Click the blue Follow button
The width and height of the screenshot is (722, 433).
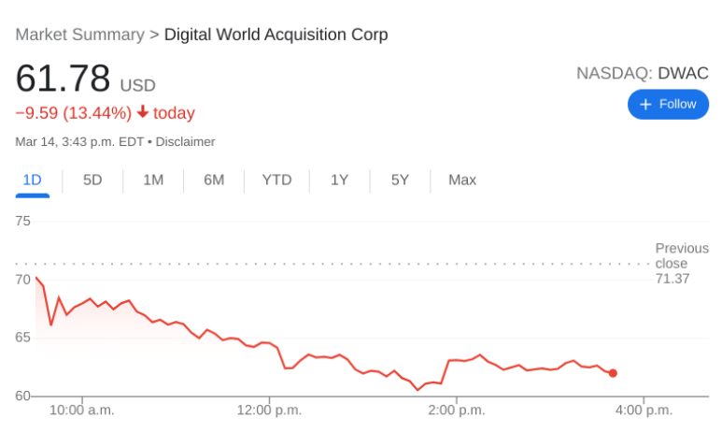point(668,104)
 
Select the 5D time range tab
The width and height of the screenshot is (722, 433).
point(92,180)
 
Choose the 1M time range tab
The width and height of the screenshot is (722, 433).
point(153,180)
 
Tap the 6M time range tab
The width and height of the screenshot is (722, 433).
point(214,180)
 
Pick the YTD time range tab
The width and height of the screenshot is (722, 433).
point(276,180)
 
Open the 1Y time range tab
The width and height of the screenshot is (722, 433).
point(339,180)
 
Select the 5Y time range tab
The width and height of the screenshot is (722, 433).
point(400,180)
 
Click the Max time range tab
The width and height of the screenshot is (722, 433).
point(462,180)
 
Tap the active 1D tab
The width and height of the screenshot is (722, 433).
point(32,180)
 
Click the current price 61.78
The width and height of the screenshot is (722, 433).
point(63,79)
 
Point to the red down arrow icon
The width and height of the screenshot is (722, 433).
point(142,112)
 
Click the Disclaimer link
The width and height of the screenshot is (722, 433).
point(185,142)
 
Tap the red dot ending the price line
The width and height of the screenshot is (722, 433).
point(613,373)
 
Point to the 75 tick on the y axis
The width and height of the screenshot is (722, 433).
point(23,222)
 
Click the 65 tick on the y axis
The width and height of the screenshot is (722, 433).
point(23,338)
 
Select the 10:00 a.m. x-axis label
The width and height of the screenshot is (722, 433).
point(81,410)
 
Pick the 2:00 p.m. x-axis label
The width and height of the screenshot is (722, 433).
point(457,410)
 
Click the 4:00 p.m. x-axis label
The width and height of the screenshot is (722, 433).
point(644,410)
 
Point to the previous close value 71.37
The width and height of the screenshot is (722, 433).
point(672,279)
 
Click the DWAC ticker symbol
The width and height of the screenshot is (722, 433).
point(683,73)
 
